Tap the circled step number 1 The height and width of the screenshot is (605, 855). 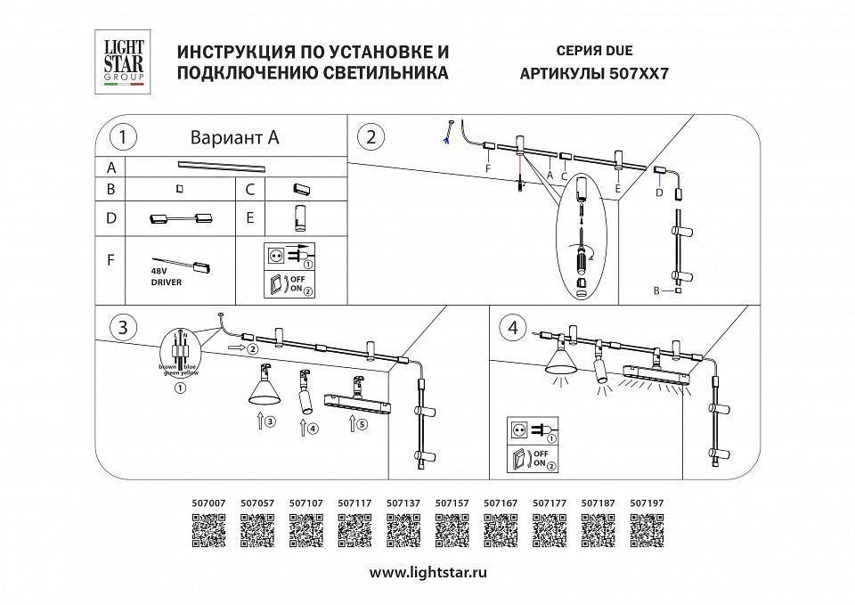point(122,137)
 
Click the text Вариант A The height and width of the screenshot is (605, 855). point(235,137)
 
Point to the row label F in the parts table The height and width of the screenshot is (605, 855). point(110,261)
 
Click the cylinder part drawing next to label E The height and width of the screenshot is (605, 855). point(300,217)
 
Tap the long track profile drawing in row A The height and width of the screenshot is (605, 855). point(223,165)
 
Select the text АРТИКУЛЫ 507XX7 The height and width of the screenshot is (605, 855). point(592,75)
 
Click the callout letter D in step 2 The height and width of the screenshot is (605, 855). point(659,191)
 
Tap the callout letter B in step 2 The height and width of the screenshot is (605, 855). point(656,290)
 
